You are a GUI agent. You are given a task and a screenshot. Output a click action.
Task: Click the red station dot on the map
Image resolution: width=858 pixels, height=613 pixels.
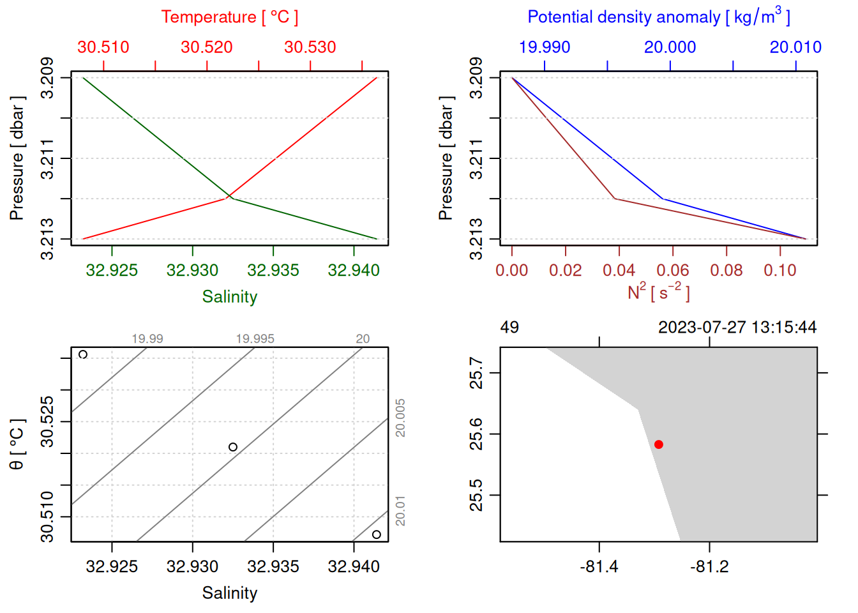tap(658, 444)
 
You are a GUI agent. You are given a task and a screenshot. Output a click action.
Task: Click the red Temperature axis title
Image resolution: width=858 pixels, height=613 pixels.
tap(229, 17)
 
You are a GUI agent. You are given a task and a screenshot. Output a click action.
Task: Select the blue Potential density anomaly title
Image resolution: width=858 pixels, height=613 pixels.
tap(658, 17)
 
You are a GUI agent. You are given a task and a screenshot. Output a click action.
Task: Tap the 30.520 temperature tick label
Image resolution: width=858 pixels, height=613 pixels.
tap(206, 47)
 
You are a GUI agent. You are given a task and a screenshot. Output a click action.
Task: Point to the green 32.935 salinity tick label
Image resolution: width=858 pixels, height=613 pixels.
tap(273, 270)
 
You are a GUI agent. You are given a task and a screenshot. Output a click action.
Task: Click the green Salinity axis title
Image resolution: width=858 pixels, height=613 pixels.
tap(229, 297)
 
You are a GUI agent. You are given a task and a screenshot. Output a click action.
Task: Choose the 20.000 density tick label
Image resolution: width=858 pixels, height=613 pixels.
tap(670, 47)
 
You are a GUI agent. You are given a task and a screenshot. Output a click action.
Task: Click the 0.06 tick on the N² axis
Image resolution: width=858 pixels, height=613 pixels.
tap(673, 270)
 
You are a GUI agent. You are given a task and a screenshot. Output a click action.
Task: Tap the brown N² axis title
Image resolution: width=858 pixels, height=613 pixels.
tap(658, 292)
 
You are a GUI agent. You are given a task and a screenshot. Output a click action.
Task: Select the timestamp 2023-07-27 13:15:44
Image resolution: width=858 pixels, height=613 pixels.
tap(737, 328)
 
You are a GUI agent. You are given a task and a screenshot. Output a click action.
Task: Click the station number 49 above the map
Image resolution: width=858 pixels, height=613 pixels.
tap(509, 328)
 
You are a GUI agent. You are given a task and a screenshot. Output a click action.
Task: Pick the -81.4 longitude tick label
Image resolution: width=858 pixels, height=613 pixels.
tap(599, 566)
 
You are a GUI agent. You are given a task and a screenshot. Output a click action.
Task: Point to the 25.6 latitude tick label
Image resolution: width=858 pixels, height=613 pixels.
tap(476, 434)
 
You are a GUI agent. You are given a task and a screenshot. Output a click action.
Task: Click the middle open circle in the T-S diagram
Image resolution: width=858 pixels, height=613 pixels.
tap(233, 447)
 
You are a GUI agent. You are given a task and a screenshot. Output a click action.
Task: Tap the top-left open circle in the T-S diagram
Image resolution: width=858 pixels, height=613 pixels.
tap(83, 354)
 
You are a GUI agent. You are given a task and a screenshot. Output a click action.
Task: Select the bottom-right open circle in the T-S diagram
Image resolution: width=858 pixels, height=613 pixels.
tap(377, 534)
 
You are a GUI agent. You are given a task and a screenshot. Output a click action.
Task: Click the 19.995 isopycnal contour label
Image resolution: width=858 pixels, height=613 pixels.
tap(255, 338)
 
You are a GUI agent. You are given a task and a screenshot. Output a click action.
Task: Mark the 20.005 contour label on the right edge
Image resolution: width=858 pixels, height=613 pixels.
tap(400, 418)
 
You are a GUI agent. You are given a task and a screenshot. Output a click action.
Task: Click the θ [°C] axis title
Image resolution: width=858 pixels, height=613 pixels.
tap(17, 444)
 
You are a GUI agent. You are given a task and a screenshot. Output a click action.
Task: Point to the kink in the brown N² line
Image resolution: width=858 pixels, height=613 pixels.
tap(615, 199)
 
